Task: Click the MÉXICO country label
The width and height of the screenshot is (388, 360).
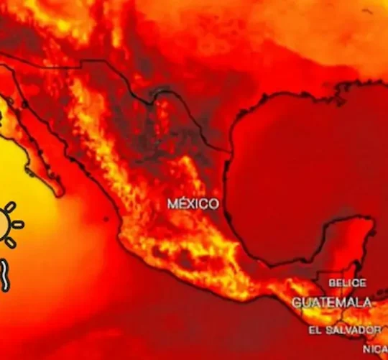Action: coord(193,204)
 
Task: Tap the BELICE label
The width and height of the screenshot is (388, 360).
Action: coord(347,283)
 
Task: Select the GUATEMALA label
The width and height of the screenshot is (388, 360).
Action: coord(332,303)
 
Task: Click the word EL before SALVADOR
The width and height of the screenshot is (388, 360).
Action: coord(315,330)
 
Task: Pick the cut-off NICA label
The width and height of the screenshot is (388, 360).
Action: coord(375,349)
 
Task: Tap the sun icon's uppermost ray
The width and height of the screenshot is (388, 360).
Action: coord(9,208)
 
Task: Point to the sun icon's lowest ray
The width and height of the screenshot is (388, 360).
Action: coord(9,242)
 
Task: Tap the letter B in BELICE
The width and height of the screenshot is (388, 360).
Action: coord(333,283)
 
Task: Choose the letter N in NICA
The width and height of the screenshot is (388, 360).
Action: coord(366,349)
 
